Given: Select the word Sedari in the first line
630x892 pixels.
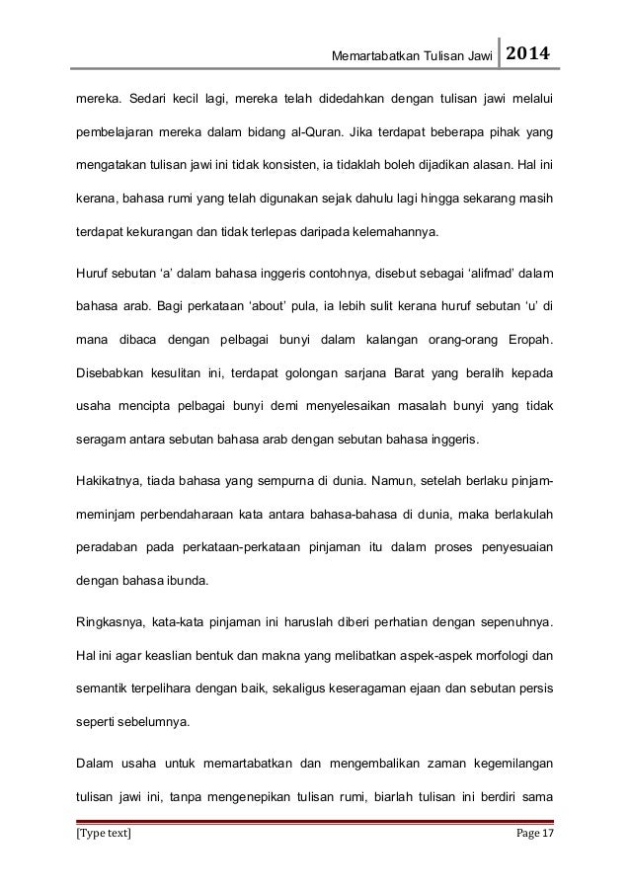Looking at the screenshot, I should click(149, 101).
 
